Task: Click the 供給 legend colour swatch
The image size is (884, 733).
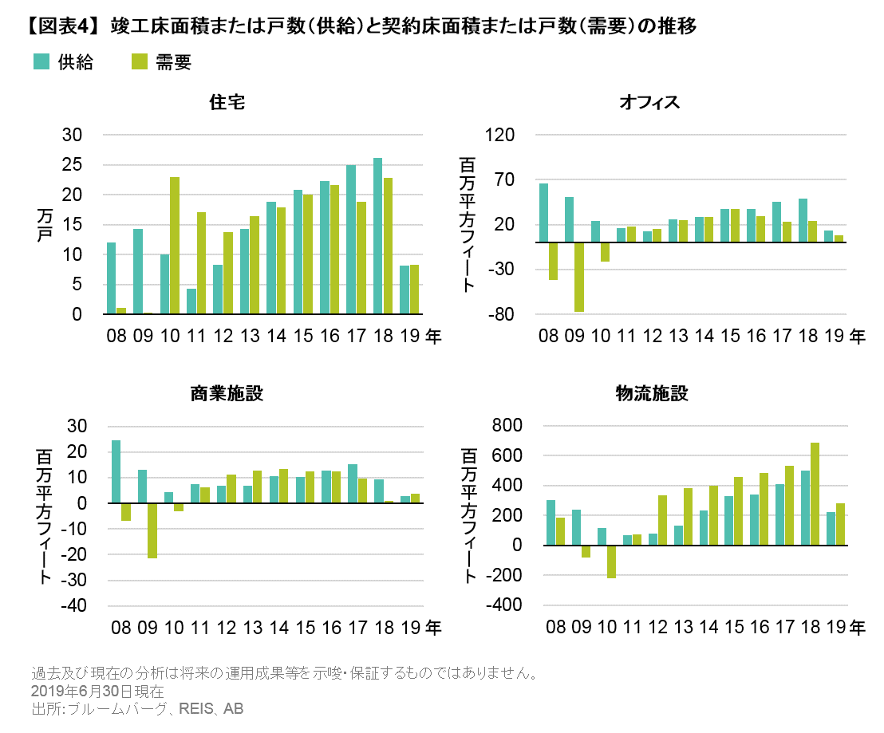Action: [41, 62]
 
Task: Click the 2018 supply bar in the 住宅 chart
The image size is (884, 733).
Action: [378, 236]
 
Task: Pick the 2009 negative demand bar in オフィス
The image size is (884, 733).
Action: [579, 277]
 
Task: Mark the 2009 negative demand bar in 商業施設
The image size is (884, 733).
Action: [152, 530]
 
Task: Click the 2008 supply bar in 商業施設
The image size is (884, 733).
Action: [116, 471]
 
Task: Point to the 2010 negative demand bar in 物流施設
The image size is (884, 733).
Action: [611, 562]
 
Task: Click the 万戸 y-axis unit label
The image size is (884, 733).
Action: [43, 225]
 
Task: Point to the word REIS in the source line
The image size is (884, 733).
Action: [198, 709]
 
